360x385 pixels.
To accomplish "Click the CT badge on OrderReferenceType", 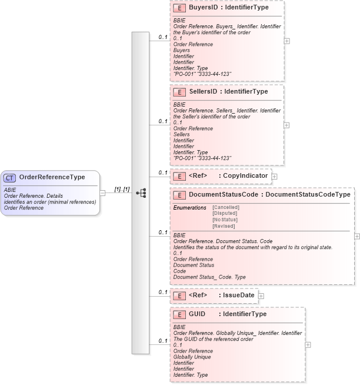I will tap(10, 177).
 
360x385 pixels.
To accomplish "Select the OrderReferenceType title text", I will tap(52, 177).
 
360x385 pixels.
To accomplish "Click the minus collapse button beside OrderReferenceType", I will tap(103, 192).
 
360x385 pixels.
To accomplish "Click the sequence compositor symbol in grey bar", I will tap(141, 192).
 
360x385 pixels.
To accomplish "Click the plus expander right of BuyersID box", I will tap(286, 41).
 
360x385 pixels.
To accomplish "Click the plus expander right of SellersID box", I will tap(286, 125).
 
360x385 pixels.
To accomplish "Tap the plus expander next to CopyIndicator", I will tap(274, 176).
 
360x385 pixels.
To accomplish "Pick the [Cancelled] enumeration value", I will tap(226, 207).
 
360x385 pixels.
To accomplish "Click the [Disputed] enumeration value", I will tap(225, 214).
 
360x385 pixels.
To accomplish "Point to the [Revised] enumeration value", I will tap(224, 227).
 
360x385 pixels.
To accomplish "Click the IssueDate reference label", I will tap(238, 296).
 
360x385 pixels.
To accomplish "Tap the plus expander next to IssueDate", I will tap(261, 296).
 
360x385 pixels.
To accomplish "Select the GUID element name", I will tap(197, 314).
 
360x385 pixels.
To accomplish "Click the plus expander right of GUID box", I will tap(308, 345).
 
